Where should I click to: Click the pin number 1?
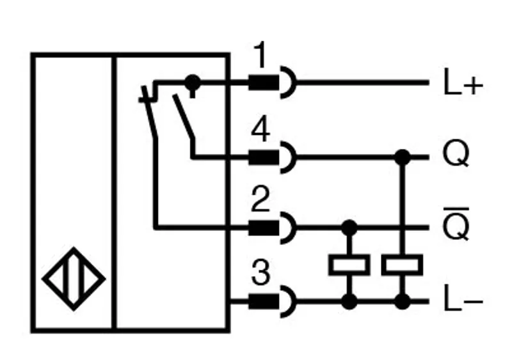pyautogui.click(x=260, y=55)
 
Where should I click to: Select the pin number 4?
pyautogui.click(x=260, y=130)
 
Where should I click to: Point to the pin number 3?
pyautogui.click(x=260, y=272)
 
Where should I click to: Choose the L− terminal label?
pyautogui.click(x=463, y=302)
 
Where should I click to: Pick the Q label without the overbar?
pyautogui.click(x=456, y=154)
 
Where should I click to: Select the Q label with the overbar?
pyautogui.click(x=456, y=224)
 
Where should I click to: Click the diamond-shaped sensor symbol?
pyautogui.click(x=74, y=279)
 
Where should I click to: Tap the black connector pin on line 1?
pyautogui.click(x=264, y=82)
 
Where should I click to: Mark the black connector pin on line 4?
pyautogui.click(x=264, y=157)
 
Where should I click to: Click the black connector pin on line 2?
pyautogui.click(x=264, y=227)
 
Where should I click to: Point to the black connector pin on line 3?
pyautogui.click(x=264, y=301)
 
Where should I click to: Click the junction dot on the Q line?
pyautogui.click(x=403, y=157)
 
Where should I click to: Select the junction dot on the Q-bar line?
pyautogui.click(x=349, y=227)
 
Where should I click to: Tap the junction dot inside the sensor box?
pyautogui.click(x=193, y=82)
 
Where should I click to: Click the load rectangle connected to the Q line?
pyautogui.click(x=403, y=265)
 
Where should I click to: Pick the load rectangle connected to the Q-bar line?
pyautogui.click(x=349, y=265)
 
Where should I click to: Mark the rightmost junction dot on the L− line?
pyautogui.click(x=403, y=301)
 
